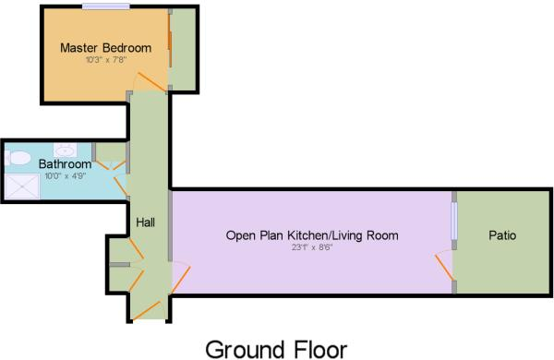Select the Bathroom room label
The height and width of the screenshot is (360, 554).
(x=65, y=164)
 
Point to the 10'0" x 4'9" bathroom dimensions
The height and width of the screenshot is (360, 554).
(x=65, y=176)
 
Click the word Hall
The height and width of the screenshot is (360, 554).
(x=146, y=222)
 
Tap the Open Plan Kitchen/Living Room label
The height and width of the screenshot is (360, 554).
(x=312, y=235)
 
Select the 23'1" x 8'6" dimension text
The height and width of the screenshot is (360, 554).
(x=312, y=246)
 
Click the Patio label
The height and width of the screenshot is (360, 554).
(x=502, y=235)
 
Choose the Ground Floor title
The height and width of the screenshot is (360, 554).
(x=277, y=349)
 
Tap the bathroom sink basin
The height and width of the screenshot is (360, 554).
(x=66, y=149)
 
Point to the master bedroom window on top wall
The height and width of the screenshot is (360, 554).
(x=105, y=7)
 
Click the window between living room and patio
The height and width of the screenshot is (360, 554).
(x=453, y=220)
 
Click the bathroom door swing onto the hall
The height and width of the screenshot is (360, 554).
(x=118, y=173)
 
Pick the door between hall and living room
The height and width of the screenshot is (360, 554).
(x=179, y=276)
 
